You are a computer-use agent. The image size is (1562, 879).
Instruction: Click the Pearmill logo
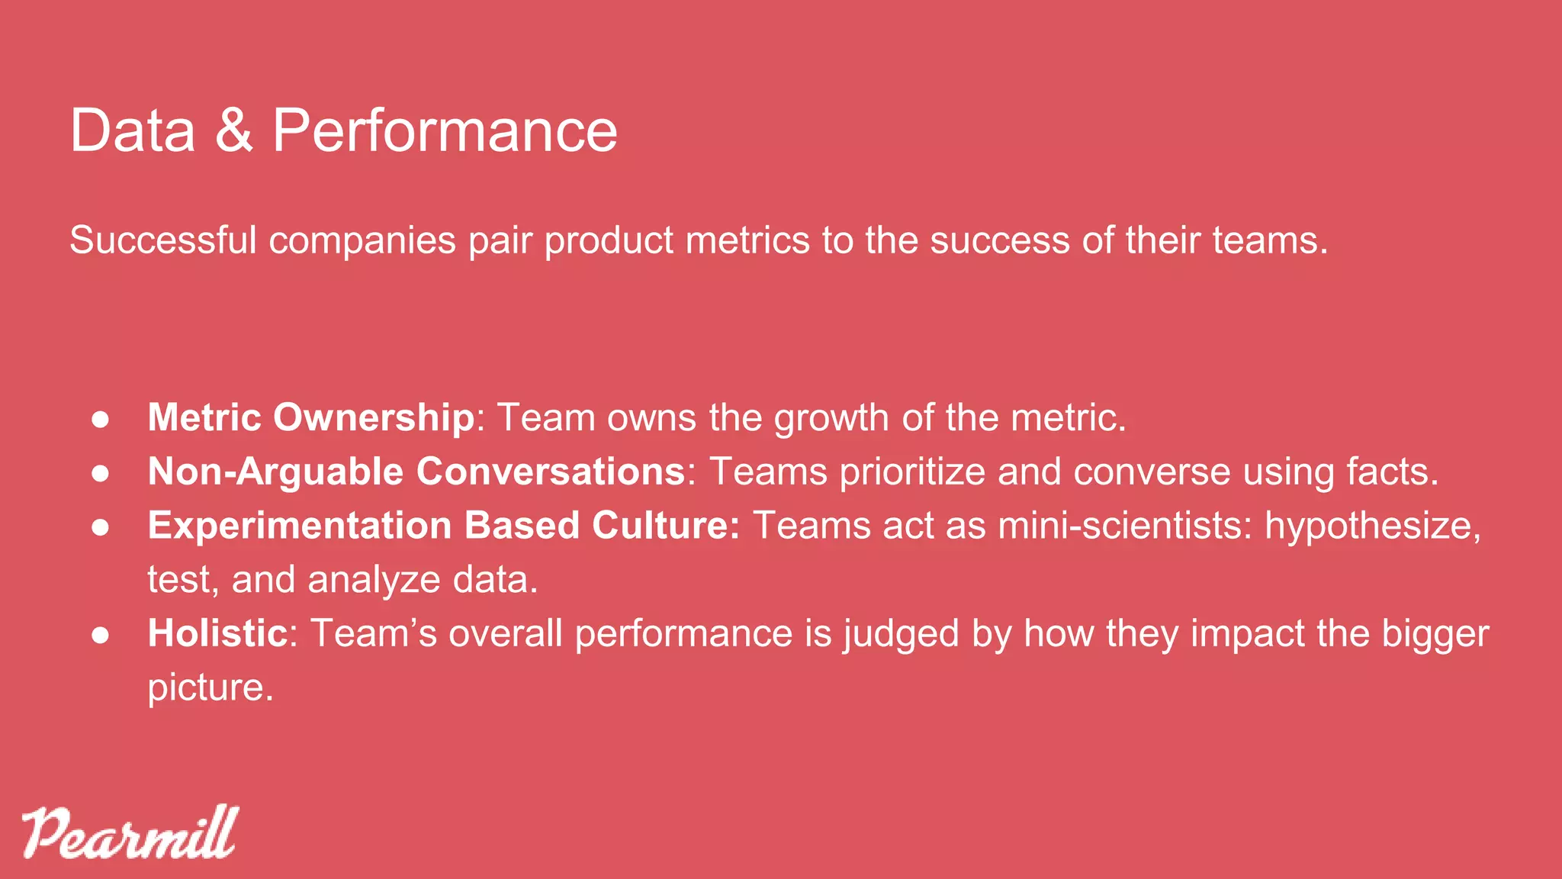point(130,832)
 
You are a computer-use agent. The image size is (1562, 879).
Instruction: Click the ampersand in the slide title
point(234,130)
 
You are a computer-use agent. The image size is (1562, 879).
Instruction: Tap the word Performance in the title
point(445,130)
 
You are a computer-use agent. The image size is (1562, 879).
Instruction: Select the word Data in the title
point(133,130)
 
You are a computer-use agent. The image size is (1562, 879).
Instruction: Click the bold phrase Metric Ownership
point(311,417)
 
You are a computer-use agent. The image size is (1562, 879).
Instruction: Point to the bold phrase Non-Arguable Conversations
point(416,472)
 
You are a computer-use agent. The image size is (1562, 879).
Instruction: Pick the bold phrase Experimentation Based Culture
point(444,526)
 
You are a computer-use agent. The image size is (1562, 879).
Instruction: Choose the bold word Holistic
point(217,633)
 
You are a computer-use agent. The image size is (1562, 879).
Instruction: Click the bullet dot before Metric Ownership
point(101,419)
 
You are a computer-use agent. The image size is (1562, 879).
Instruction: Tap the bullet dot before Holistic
point(101,635)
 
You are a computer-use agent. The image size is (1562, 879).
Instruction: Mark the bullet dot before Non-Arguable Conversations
point(101,473)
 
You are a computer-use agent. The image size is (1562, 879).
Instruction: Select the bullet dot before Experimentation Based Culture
point(101,527)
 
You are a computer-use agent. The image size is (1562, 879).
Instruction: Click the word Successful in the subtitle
point(163,240)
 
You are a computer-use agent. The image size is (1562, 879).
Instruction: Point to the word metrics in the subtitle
point(747,240)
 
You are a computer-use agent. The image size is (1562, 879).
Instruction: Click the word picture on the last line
point(210,688)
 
